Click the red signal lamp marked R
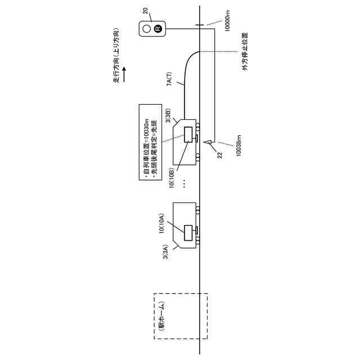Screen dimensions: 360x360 pyautogui.click(x=158, y=29)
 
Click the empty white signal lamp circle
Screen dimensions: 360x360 pyautogui.click(x=146, y=29)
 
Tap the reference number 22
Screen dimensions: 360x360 pyautogui.click(x=220, y=151)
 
